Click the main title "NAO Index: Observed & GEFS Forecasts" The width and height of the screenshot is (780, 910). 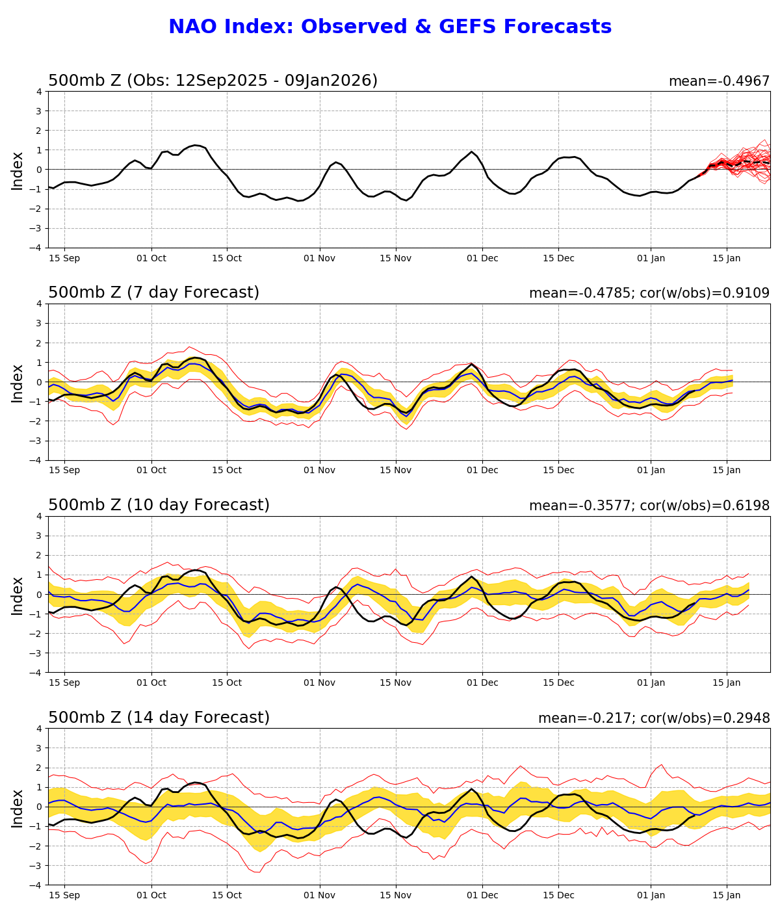pos(390,27)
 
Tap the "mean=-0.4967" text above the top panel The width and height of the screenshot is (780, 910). pos(719,81)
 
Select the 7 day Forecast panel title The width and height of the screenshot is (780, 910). pos(153,292)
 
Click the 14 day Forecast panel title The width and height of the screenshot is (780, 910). pos(159,718)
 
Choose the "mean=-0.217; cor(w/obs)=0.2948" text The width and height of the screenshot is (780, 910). pos(653,718)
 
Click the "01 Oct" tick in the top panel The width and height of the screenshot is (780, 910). pos(151,258)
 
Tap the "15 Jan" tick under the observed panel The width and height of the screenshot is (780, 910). pos(727,258)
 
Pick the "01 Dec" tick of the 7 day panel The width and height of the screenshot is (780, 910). pos(482,471)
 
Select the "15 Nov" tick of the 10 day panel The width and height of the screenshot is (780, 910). pos(396,682)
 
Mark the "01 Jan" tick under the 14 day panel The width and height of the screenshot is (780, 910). pos(651,895)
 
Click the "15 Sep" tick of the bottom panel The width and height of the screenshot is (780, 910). pos(64,895)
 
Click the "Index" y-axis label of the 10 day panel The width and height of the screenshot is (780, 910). pos(18,595)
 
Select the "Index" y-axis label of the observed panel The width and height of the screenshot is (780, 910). pos(18,170)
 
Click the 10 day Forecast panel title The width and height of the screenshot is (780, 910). pos(159,505)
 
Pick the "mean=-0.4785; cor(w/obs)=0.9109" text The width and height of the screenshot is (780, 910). pos(649,293)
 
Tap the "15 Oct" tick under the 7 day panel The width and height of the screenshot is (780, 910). pos(227,471)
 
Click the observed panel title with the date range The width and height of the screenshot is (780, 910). pos(213,81)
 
